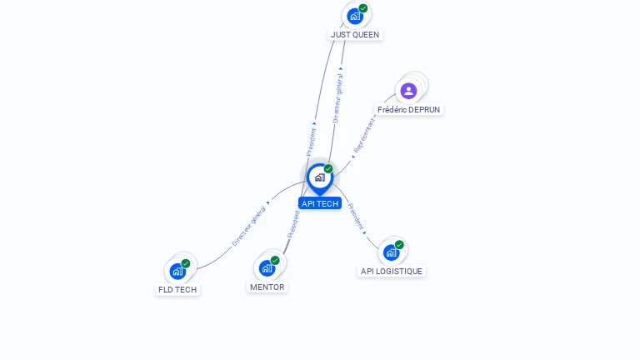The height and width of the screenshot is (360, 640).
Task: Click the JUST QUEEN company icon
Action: point(355,16)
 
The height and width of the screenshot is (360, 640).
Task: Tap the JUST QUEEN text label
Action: point(354,35)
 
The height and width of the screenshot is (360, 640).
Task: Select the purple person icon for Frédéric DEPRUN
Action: point(408,91)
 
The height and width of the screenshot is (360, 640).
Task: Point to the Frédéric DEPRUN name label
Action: point(409,109)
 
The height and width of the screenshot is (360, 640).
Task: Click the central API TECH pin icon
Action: point(319,177)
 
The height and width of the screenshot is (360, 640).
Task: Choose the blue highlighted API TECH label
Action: point(320,203)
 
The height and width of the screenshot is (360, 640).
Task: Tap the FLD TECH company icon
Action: point(177,271)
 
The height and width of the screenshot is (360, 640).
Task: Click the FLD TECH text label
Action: point(177,290)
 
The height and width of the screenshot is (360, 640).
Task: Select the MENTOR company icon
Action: point(267,267)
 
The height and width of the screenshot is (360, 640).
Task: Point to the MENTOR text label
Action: point(267,287)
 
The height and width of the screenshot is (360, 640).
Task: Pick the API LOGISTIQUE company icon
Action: point(391,252)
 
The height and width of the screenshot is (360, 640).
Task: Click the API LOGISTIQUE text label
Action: point(392,271)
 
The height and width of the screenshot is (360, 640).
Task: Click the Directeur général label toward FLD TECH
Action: point(249,225)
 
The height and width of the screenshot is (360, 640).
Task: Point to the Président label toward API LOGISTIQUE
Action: point(355,215)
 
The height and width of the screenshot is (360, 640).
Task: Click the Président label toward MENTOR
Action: point(292,225)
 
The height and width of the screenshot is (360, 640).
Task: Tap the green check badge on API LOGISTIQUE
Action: point(399,245)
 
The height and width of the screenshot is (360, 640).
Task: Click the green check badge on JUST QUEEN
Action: point(363,8)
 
